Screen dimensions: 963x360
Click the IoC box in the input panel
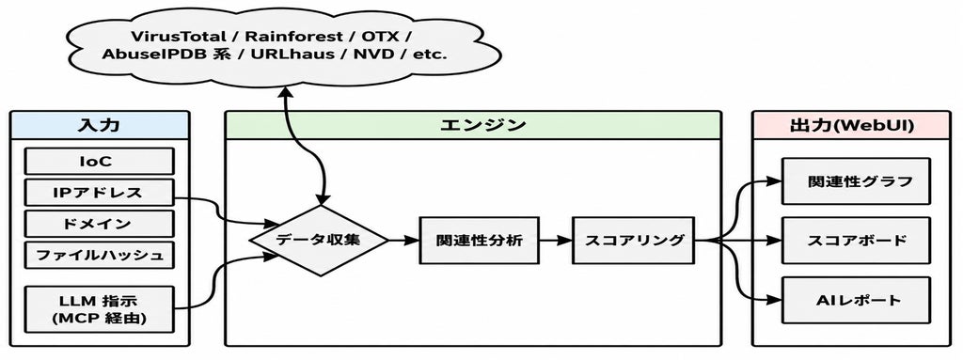pos(99,161)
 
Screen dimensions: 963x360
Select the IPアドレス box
pos(99,193)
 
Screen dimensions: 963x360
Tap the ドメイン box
pos(99,224)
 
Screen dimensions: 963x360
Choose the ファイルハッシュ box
pos(99,255)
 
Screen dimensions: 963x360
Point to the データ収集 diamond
pos(320,241)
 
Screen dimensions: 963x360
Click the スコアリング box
pos(633,241)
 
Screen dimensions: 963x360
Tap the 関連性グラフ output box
pos(856,181)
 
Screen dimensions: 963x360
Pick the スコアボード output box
pos(856,241)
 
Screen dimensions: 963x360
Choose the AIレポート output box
pos(856,300)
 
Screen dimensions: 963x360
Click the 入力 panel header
pos(100,125)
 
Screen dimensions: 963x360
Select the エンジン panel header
pos(473,125)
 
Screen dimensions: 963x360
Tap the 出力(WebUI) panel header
pos(851,125)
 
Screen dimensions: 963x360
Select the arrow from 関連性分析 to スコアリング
pos(556,241)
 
